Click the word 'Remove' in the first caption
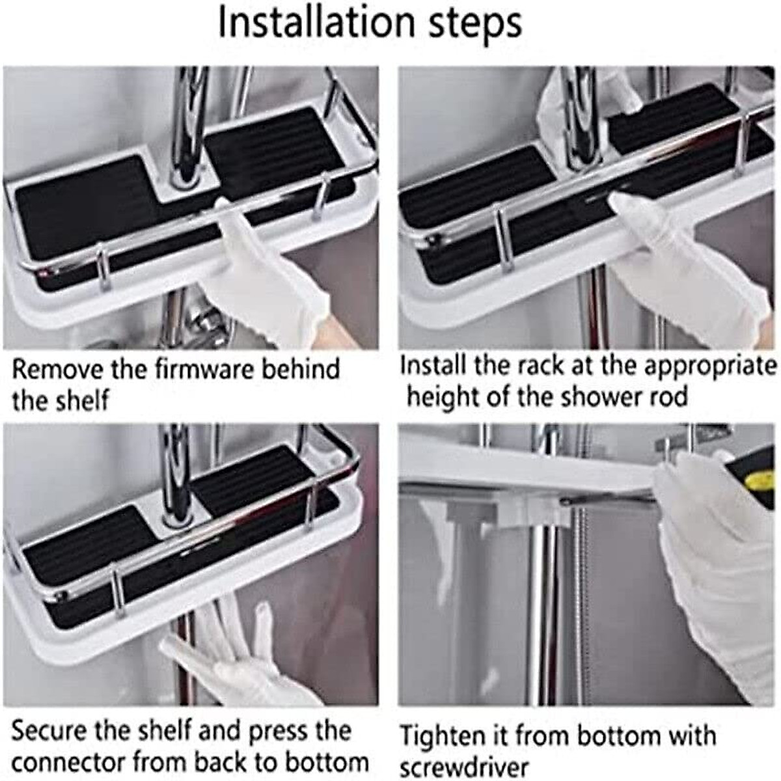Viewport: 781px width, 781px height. click(x=57, y=369)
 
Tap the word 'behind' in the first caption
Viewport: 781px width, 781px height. click(x=301, y=369)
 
